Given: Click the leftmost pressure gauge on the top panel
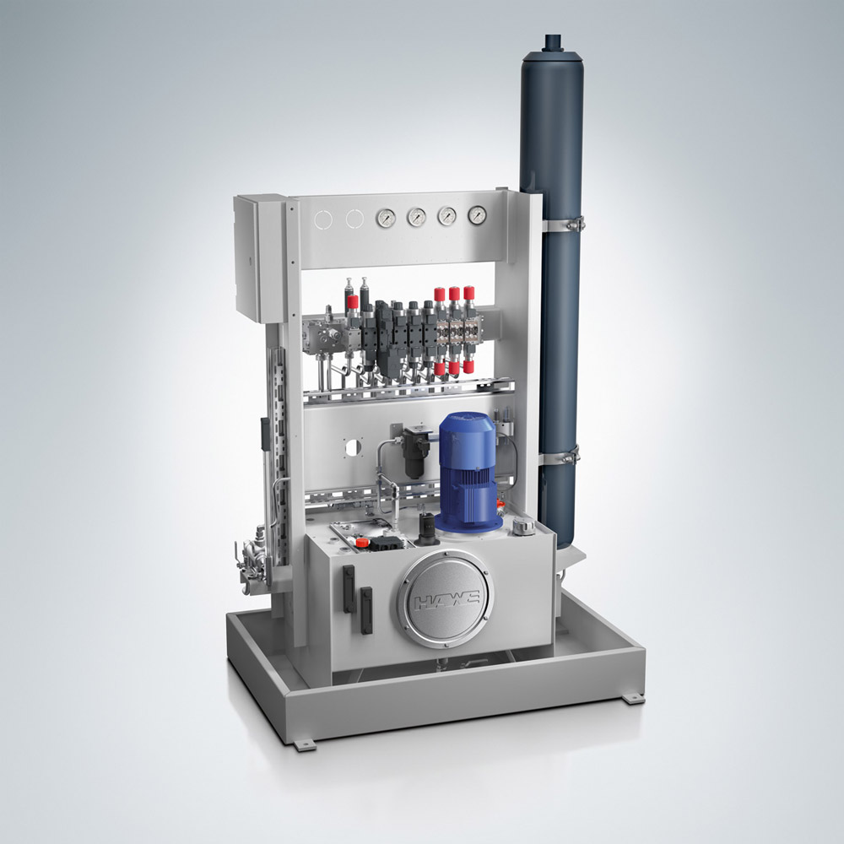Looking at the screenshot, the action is tap(386, 218).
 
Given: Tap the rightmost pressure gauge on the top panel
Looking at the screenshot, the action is tap(477, 215).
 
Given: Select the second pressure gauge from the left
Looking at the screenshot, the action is tap(417, 217).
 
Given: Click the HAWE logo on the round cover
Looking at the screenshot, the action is tap(445, 599).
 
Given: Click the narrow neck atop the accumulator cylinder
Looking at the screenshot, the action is tap(552, 42).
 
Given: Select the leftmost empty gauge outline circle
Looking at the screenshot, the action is tap(324, 220).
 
